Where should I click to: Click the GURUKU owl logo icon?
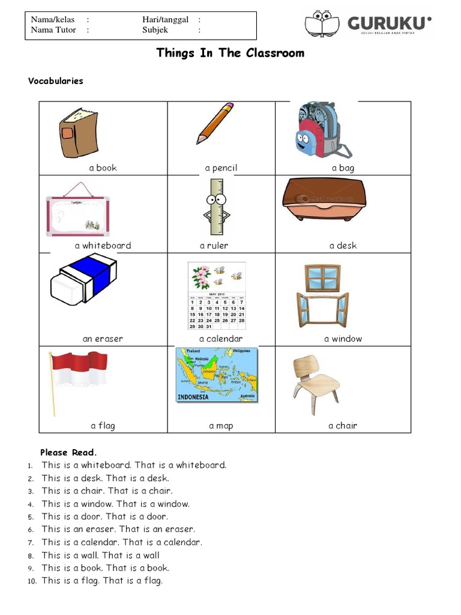pyautogui.click(x=322, y=24)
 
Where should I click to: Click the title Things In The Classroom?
pyautogui.click(x=230, y=53)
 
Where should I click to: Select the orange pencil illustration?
pyautogui.click(x=215, y=123)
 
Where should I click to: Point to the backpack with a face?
pyautogui.click(x=318, y=130)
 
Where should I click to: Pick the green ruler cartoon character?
pyautogui.click(x=217, y=208)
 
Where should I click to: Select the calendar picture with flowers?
pyautogui.click(x=217, y=295)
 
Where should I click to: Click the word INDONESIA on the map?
pyautogui.click(x=193, y=397)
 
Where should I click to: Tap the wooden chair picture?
pyautogui.click(x=316, y=383)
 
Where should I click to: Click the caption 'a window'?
pyautogui.click(x=343, y=339)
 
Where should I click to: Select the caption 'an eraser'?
pyautogui.click(x=103, y=339)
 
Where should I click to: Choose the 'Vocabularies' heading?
pyautogui.click(x=56, y=81)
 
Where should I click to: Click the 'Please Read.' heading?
pyautogui.click(x=68, y=452)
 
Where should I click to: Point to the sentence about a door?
pyautogui.click(x=105, y=517)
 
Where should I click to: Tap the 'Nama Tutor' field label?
pyautogui.click(x=53, y=30)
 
